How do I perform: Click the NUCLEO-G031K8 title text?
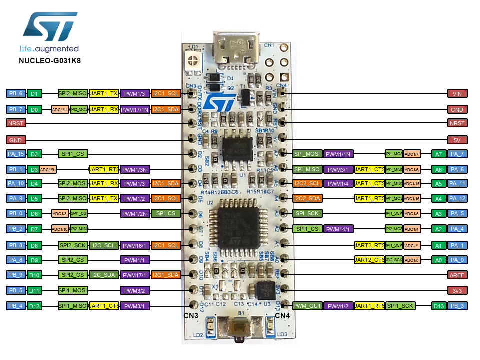click(49, 61)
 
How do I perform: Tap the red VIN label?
click(457, 93)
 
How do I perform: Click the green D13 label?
click(439, 305)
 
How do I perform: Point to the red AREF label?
click(457, 275)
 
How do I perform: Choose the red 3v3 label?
click(457, 290)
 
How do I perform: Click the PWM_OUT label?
click(307, 305)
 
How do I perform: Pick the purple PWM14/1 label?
click(338, 229)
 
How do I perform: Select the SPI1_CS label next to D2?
click(73, 154)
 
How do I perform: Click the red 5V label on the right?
click(457, 140)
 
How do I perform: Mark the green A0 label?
click(439, 260)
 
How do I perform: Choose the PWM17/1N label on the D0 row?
click(135, 109)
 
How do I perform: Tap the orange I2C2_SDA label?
click(307, 199)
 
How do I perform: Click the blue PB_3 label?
click(457, 305)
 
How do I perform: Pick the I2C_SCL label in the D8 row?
click(104, 245)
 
